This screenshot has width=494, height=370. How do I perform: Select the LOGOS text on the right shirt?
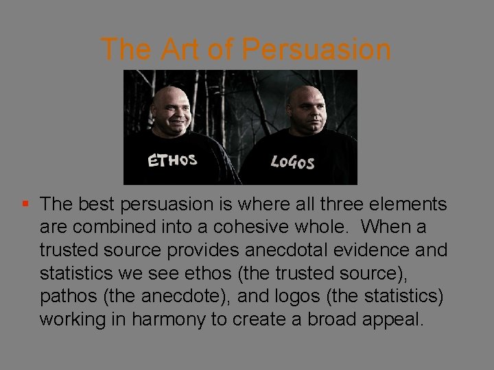coord(292,162)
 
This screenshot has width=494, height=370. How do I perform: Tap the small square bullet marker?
coord(25,204)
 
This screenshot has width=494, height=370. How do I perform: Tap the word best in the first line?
coord(91,205)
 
